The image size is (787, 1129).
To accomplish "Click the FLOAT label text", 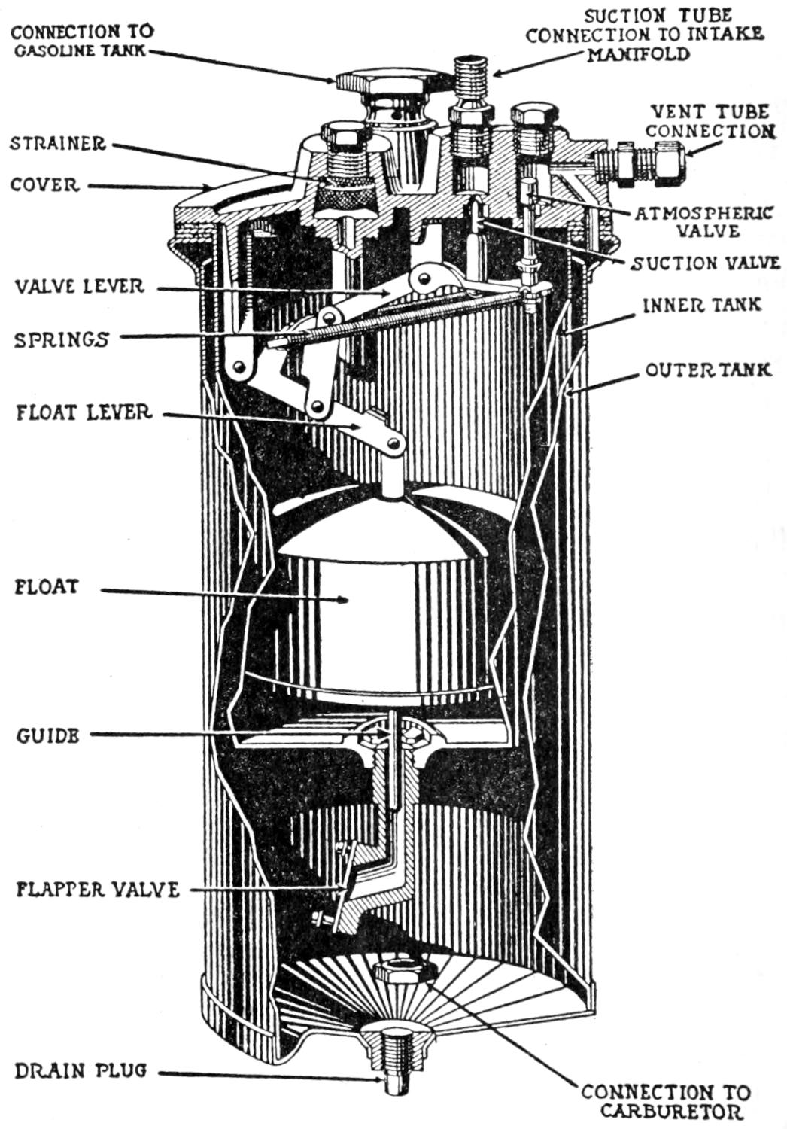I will pos(46,586).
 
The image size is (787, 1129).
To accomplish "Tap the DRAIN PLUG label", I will pos(81,1070).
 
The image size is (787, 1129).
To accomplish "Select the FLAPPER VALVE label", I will pos(98,890).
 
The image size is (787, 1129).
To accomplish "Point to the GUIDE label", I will pos(47,735).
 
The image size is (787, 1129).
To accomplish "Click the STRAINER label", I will pos(57,143).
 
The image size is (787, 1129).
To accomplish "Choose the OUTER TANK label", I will pos(708,370).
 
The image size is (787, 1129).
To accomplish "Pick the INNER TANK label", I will pos(701,305).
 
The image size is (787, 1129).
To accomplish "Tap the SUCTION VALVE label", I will pos(705,263).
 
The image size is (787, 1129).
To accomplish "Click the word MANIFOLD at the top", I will pos(639,54).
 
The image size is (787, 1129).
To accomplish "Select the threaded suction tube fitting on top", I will pos(472,75).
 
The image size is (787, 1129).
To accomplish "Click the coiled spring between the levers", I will pos(391,320).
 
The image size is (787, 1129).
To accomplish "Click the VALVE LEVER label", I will pos(79,286).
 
